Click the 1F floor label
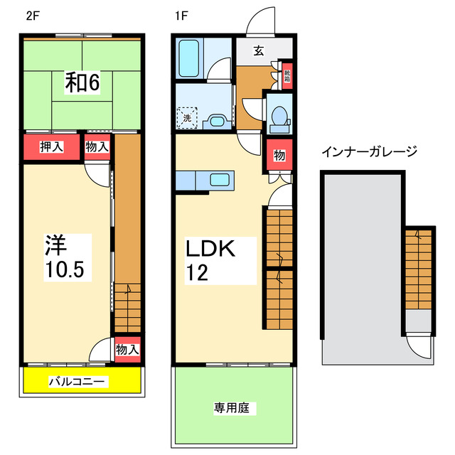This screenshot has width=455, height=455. click(183, 16)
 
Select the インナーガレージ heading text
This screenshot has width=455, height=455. click(368, 151)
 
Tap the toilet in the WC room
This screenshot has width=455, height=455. click(280, 116)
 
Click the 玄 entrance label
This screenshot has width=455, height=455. click(259, 50)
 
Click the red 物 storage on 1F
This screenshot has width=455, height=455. click(279, 156)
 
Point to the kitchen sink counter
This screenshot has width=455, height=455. click(204, 181)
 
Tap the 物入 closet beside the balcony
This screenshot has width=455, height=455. click(127, 350)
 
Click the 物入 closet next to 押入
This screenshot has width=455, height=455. click(97, 147)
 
